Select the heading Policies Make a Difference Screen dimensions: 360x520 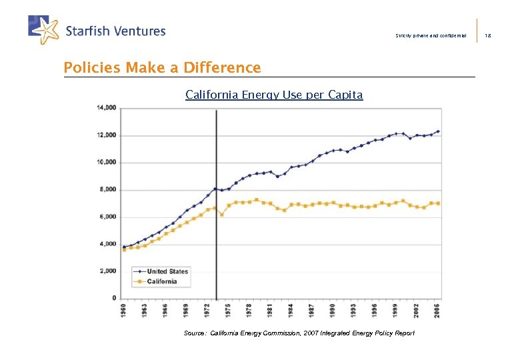click(x=162, y=67)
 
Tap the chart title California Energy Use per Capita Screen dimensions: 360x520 click(x=274, y=95)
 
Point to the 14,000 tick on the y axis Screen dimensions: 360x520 click(x=107, y=107)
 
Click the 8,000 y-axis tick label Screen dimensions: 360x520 click(x=108, y=189)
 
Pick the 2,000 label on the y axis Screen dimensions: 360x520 click(x=108, y=271)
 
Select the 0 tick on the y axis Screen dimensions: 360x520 click(x=113, y=298)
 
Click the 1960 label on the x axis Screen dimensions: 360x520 click(x=124, y=311)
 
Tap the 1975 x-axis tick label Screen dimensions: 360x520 click(x=229, y=311)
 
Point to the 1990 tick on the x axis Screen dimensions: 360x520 click(x=333, y=311)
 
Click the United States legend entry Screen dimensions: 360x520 click(x=167, y=271)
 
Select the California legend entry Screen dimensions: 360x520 click(x=162, y=281)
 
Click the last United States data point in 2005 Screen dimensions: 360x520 click(x=438, y=131)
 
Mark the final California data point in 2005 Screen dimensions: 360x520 click(x=438, y=203)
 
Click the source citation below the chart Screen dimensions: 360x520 click(x=299, y=333)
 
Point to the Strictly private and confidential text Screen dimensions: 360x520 click(x=431, y=35)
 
